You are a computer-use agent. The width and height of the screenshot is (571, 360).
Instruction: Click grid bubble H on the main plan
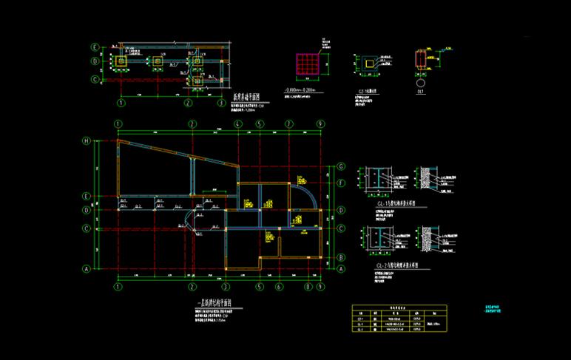pyautogui.click(x=86, y=140)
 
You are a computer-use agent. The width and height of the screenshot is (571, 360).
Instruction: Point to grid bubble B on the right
pyautogui.click(x=341, y=257)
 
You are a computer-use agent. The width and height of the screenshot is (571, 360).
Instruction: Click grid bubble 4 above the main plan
pyautogui.click(x=237, y=123)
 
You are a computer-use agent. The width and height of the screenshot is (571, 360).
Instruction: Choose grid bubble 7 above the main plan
pyautogui.click(x=289, y=123)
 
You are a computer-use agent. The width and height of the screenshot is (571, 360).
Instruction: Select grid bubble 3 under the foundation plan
pyautogui.click(x=221, y=103)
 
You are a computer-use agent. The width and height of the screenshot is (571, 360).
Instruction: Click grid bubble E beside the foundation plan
pyautogui.click(x=95, y=47)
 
